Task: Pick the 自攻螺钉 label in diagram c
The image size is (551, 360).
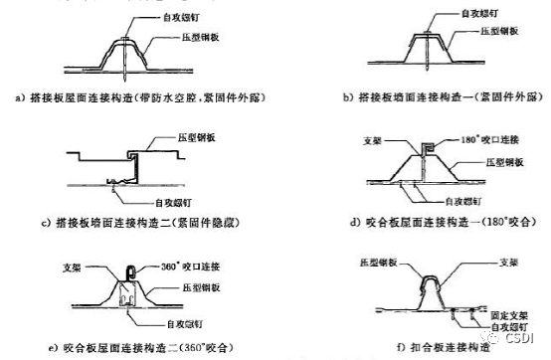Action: coord(149,185)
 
